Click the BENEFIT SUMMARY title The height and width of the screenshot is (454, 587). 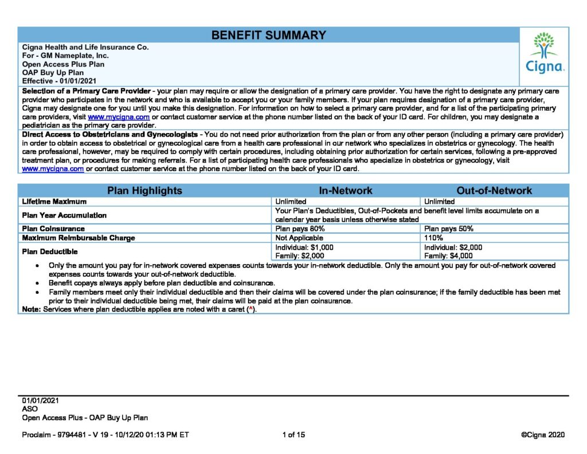pyautogui.click(x=268, y=35)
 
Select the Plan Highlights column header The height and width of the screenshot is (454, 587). pyautogui.click(x=144, y=191)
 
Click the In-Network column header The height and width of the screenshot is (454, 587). pyautogui.click(x=345, y=191)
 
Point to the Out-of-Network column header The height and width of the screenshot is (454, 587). pyautogui.click(x=494, y=191)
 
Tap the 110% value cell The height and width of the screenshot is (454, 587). pyautogui.click(x=433, y=238)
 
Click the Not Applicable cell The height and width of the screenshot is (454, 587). pyautogui.click(x=296, y=238)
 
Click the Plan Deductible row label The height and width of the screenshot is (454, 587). pyautogui.click(x=49, y=251)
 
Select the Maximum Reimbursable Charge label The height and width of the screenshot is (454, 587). pyautogui.click(x=79, y=238)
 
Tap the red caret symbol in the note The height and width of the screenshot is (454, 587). pyautogui.click(x=250, y=309)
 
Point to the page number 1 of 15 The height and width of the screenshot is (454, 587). pyautogui.click(x=294, y=435)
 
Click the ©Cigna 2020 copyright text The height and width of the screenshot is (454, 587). pyautogui.click(x=543, y=435)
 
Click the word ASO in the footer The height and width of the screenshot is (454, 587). pyautogui.click(x=30, y=409)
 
